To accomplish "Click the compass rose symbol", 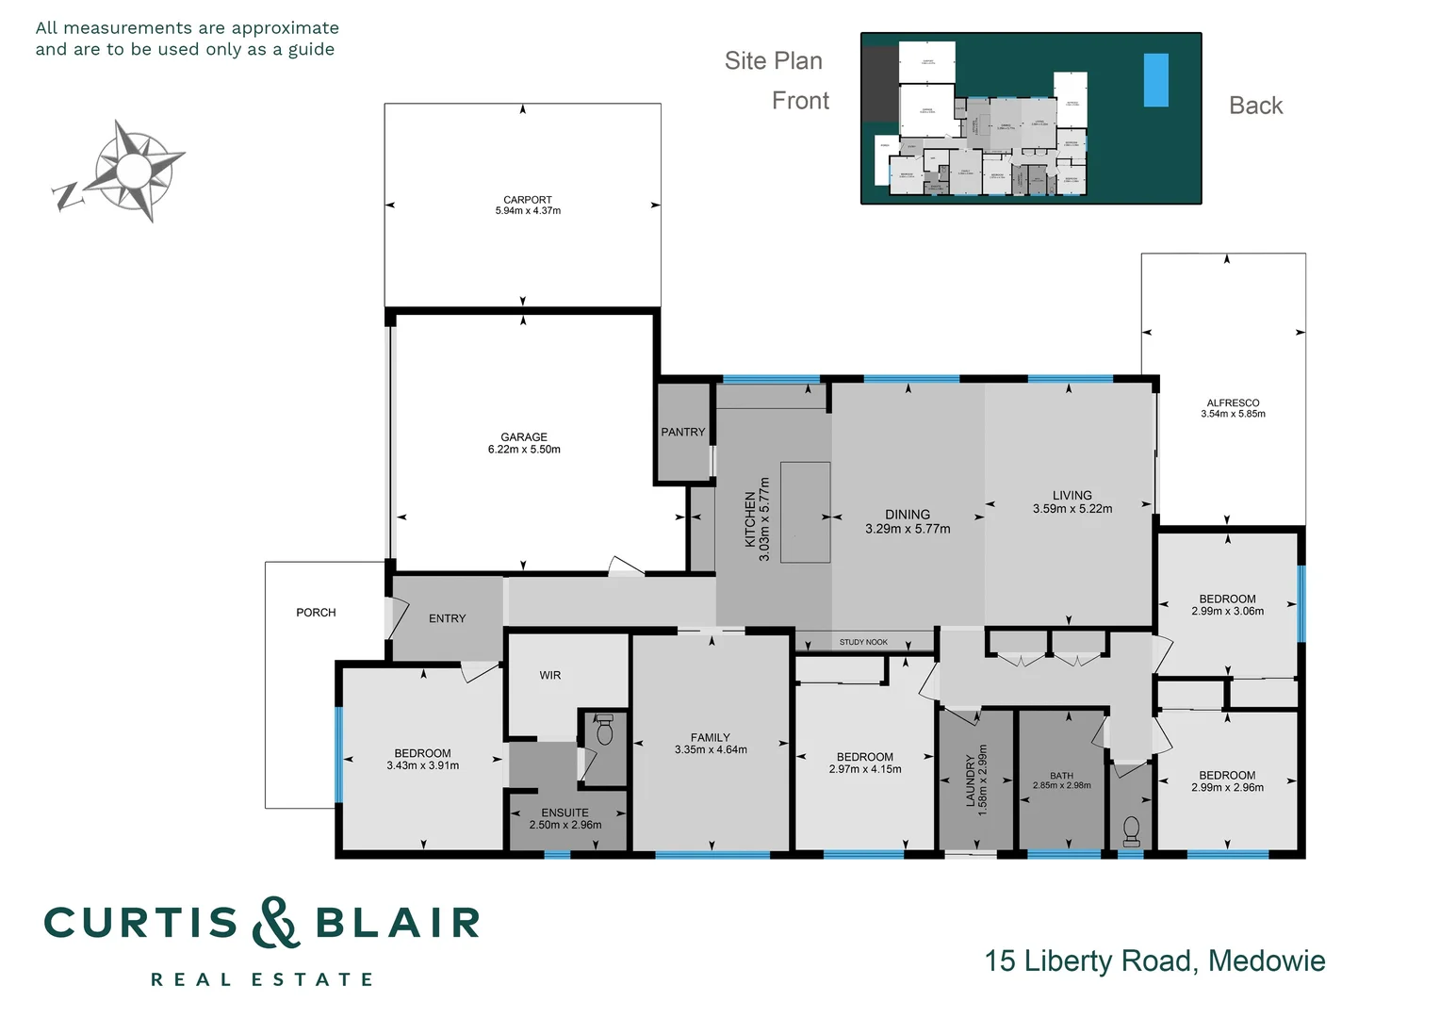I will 135,171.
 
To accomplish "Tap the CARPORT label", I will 527,200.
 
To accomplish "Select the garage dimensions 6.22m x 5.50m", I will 524,450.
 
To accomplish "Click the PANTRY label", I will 682,432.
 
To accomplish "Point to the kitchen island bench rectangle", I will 805,512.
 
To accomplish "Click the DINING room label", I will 907,515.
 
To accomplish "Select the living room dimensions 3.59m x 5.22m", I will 1072,509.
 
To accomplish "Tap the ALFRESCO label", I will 1233,402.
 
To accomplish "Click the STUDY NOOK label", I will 863,642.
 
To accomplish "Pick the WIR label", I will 550,675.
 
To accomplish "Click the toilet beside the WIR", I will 605,731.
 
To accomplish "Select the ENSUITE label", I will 565,813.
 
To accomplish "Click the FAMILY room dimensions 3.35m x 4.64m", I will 711,750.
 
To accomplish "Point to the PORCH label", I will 316,613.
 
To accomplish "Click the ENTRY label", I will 447,618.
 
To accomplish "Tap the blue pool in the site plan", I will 1155,79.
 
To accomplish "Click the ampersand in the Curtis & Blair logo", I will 275,923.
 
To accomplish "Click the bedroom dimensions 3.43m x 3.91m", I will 422,766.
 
